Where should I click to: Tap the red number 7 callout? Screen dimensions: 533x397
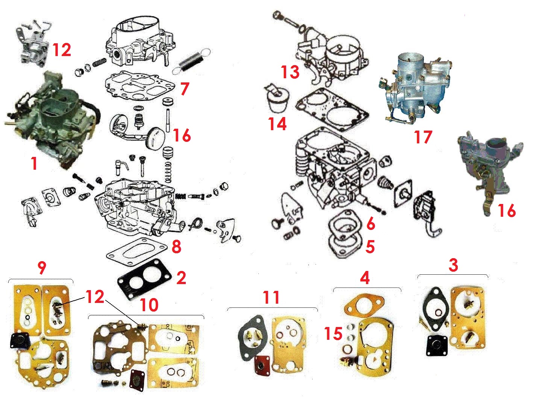[x=185, y=88]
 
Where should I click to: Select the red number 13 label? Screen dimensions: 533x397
[x=290, y=72]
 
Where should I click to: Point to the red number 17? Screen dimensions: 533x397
[x=423, y=137]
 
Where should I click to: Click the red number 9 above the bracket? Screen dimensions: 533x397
[x=42, y=268]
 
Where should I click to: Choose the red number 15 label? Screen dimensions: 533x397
[x=333, y=333]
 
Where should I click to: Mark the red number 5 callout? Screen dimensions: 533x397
[x=370, y=247]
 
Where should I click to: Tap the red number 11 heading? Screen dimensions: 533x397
[x=271, y=298]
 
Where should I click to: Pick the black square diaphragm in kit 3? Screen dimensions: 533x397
[x=437, y=346]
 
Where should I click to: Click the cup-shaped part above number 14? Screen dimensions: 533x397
[x=277, y=99]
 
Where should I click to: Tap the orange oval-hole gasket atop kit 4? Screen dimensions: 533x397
[x=364, y=307]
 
